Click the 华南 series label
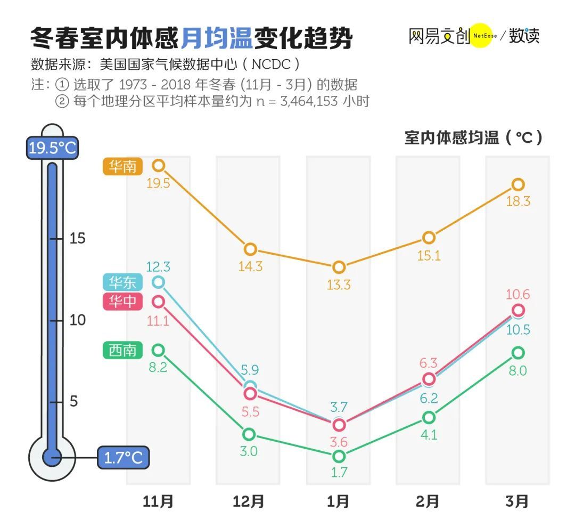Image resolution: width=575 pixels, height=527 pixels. tap(122, 167)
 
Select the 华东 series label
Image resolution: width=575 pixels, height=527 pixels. tap(122, 282)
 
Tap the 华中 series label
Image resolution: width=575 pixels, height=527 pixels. tap(122, 302)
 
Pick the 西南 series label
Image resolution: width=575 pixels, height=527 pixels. tap(122, 350)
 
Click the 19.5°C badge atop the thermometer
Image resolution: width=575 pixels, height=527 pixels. tap(52, 148)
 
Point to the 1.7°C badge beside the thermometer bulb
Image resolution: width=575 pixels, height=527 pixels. tap(123, 457)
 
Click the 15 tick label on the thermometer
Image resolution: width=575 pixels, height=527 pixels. tap(78, 238)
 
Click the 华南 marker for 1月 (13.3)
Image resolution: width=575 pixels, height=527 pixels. tap(339, 267)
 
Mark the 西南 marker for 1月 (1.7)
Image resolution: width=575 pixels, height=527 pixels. tap(339, 456)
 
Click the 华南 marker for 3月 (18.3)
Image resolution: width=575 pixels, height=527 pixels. tap(518, 184)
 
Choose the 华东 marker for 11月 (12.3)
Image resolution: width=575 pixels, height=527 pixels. tap(158, 281)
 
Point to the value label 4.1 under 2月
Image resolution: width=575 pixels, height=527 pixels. tap(429, 434)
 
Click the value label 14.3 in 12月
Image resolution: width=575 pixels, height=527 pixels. tap(250, 266)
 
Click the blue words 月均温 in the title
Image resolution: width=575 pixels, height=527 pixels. tap(216, 38)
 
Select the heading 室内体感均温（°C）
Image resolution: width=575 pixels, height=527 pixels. tap(473, 137)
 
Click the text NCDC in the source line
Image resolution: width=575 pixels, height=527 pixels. tap(270, 64)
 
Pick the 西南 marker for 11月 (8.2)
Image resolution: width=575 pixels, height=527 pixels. tap(158, 350)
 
